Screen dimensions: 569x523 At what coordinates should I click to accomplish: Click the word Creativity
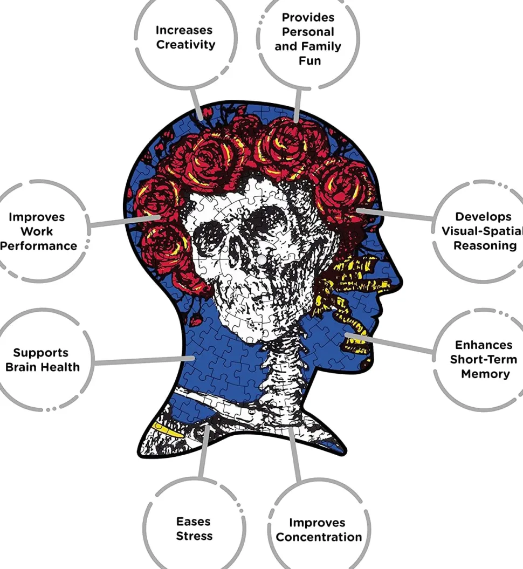[185, 45]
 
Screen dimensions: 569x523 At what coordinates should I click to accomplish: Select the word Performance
[39, 246]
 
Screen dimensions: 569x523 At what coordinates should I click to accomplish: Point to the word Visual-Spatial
[481, 231]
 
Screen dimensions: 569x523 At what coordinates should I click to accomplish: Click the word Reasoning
[485, 245]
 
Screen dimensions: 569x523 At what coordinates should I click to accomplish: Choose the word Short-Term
[483, 359]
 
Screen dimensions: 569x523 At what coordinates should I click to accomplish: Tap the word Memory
[485, 374]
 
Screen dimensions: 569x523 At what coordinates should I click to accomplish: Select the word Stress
[194, 536]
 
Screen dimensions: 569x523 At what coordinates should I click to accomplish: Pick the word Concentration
[319, 537]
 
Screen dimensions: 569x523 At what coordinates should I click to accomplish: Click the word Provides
[308, 17]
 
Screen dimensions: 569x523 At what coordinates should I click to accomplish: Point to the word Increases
[184, 30]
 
